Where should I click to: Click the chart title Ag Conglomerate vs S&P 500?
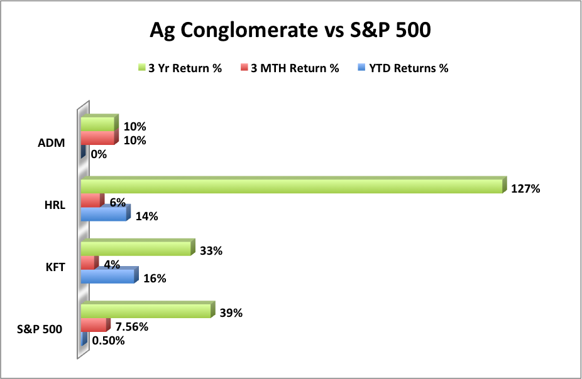[x=290, y=30]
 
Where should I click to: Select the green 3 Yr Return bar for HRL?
[x=294, y=185]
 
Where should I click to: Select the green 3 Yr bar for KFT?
[x=138, y=247]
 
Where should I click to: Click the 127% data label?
[x=525, y=189]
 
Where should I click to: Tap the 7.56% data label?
[x=132, y=327]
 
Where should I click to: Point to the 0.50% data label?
[x=108, y=341]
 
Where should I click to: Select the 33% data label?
[x=211, y=251]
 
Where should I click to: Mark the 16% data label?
[x=155, y=278]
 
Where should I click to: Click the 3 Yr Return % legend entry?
[x=180, y=68]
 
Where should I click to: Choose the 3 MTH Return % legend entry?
[x=290, y=68]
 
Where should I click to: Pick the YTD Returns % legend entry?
[x=403, y=68]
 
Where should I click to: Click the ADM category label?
[x=51, y=142]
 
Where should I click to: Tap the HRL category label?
[x=55, y=205]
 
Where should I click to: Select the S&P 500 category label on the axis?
[x=40, y=329]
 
